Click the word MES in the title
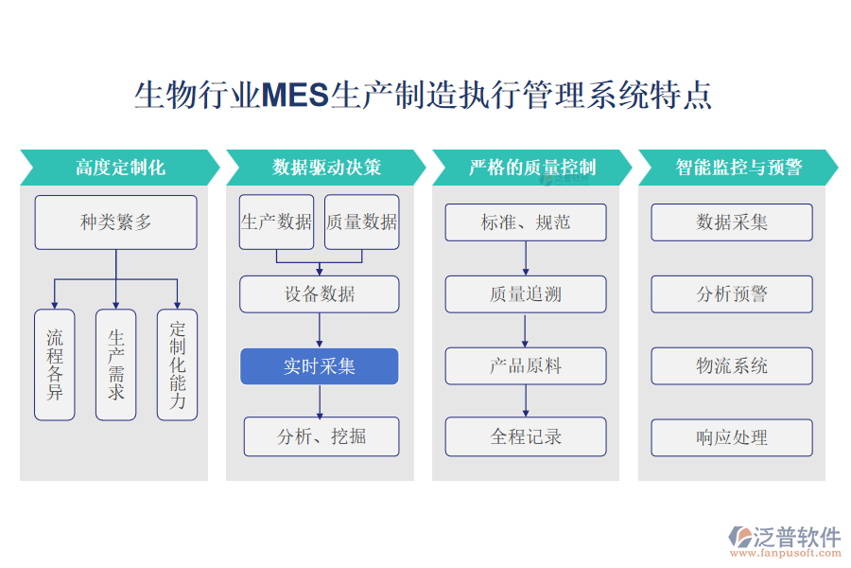pos(294,96)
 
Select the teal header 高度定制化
pos(120,168)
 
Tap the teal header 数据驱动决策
pos(326,168)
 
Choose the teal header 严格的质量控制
pos(532,168)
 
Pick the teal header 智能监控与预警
pos(738,168)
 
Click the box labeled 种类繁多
pos(115,222)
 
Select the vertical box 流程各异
pos(55,364)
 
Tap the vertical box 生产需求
pos(115,364)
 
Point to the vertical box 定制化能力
pos(177,364)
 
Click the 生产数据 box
pos(276,222)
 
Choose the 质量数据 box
pos(361,222)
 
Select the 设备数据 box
pos(319,294)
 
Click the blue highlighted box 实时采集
pos(319,366)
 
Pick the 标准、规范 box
pos(526,222)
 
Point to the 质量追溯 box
pos(526,294)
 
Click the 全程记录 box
pos(526,436)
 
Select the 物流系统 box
pos(732,366)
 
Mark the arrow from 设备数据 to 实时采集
pos(320,330)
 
